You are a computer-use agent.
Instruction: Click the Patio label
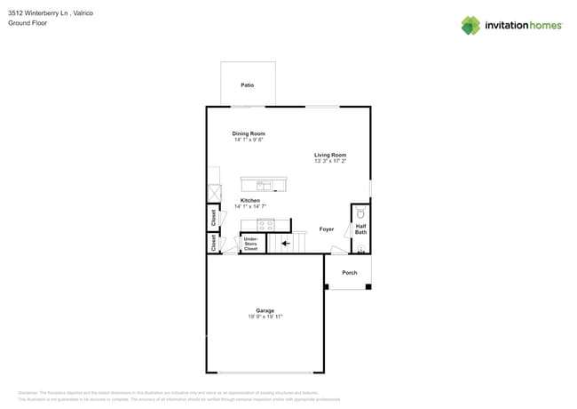coord(247,85)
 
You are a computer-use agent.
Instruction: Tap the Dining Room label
coord(249,133)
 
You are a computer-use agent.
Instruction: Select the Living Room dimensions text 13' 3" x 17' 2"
coord(330,161)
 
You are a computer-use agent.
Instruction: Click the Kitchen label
coord(250,200)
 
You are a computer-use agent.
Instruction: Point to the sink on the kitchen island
coord(264,185)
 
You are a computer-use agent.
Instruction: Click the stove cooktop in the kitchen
coord(265,224)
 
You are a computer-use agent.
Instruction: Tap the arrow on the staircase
coord(285,242)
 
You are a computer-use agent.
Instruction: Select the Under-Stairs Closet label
coord(251,243)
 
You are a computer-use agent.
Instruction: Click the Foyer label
coord(327,229)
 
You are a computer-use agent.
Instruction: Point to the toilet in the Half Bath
coord(360,214)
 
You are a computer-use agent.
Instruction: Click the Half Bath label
coord(361,229)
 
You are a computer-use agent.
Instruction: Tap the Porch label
coord(350,272)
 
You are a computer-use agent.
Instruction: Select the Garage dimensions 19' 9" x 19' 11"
coord(264,317)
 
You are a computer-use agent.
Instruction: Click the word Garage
coord(265,310)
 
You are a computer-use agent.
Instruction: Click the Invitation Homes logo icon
coord(470,26)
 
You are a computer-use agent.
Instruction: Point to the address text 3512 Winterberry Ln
coord(42,13)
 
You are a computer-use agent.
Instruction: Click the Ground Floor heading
coord(28,23)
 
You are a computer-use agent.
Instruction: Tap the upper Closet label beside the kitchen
coord(214,216)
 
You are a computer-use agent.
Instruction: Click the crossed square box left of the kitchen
coord(214,193)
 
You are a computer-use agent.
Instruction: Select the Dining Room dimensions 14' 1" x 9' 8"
coord(249,140)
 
